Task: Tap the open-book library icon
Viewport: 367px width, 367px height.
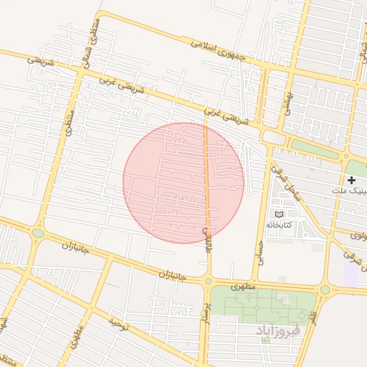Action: (279, 214)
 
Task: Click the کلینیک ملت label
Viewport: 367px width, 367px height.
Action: (351, 191)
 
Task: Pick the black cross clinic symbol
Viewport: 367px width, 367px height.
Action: (351, 179)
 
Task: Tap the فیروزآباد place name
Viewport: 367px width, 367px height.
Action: (280, 330)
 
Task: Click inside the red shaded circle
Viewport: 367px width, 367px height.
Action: (183, 182)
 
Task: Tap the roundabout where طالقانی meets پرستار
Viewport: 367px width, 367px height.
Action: (208, 281)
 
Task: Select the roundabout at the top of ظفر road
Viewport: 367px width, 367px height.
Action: (325, 290)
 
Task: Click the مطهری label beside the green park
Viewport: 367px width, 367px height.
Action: (244, 285)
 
